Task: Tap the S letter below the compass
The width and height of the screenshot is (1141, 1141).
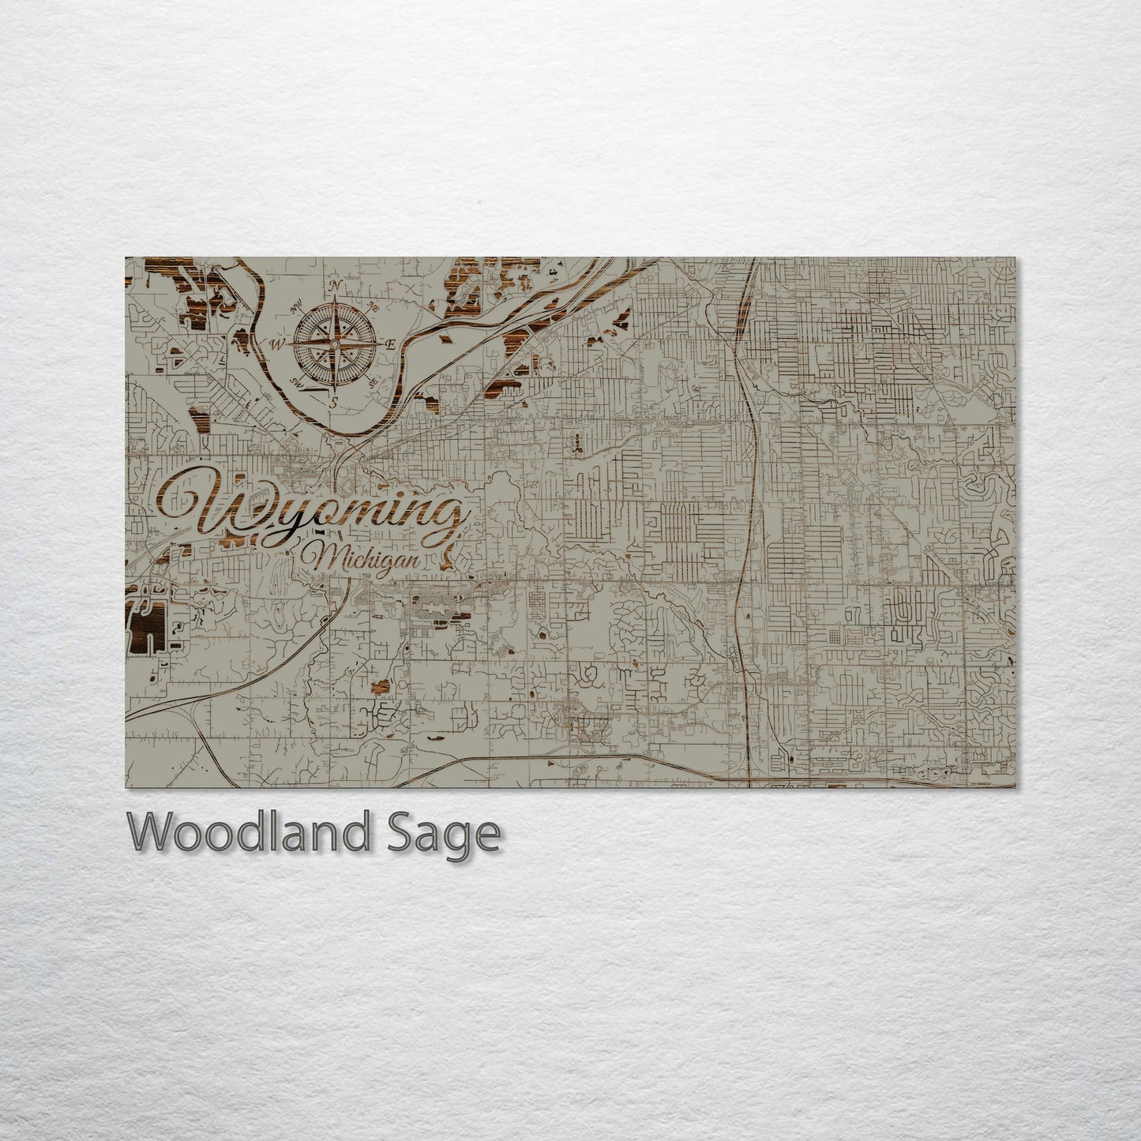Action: tap(334, 402)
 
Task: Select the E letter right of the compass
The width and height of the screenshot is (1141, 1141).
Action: tap(391, 345)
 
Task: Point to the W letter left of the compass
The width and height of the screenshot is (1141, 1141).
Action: tap(277, 344)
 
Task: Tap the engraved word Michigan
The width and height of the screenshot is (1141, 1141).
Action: tap(364, 560)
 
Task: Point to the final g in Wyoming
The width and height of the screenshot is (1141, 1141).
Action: tap(446, 521)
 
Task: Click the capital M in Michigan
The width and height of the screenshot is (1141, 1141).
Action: tap(326, 558)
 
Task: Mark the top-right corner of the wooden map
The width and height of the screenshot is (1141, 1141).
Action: tap(1015, 257)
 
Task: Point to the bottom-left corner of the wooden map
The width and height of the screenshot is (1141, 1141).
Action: tap(126, 787)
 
